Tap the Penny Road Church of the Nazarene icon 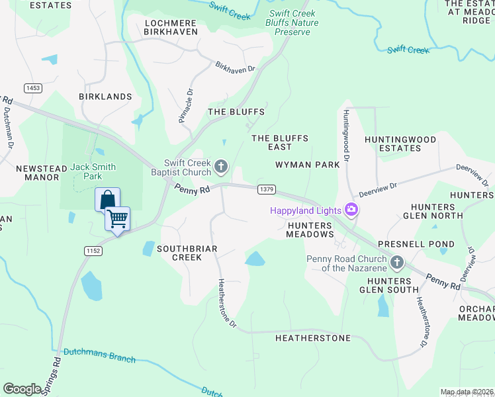[x=397, y=263]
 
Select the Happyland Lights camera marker [x=351, y=210]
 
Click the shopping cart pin [x=118, y=218]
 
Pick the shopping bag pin [x=107, y=198]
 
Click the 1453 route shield [x=32, y=88]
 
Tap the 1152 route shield [x=93, y=250]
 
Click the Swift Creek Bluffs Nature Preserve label [x=292, y=22]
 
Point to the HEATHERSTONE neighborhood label [x=313, y=338]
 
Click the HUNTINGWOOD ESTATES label [x=401, y=144]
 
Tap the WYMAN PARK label [x=308, y=164]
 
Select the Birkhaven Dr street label [x=236, y=67]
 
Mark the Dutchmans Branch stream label [x=99, y=356]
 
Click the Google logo [x=22, y=389]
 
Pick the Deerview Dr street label [x=378, y=190]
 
